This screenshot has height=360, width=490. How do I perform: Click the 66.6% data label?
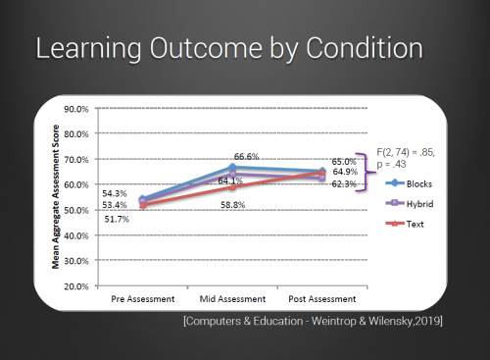pos(246,156)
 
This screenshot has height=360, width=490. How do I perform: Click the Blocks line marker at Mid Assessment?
pos(232,168)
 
